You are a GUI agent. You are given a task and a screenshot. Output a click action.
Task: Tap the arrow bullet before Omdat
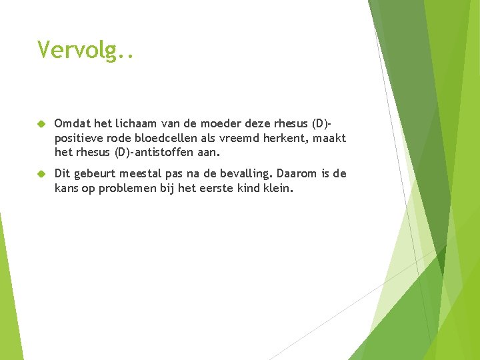(x=40, y=123)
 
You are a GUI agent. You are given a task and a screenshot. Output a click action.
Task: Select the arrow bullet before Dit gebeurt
(x=40, y=174)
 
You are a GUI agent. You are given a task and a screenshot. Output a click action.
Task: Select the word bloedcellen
(x=168, y=138)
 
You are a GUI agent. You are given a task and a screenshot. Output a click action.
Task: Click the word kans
(x=67, y=189)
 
